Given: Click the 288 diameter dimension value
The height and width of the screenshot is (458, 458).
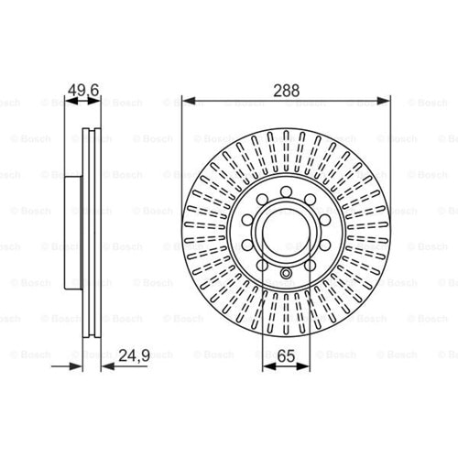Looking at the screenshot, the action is pos(286,91).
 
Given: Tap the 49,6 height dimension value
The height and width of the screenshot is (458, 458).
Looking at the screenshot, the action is pos(83,91).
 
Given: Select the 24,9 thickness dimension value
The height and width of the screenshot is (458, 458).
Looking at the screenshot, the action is pos(135,355).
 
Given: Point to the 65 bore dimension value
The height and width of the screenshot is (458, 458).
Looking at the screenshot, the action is pos(287,356).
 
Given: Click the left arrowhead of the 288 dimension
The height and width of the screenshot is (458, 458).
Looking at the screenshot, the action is pos(189,101).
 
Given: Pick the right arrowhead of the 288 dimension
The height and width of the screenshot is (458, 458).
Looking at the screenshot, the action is pos(384,101).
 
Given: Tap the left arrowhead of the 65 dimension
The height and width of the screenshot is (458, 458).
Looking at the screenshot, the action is pos(269,366).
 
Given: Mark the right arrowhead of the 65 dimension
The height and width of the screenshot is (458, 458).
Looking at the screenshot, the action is pos(303,366).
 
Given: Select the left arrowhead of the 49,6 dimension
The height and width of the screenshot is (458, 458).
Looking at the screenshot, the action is pos(71,101).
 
